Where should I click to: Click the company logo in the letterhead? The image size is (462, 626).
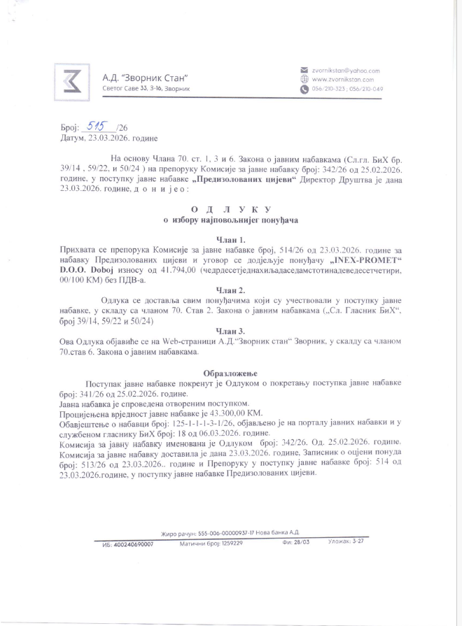71,81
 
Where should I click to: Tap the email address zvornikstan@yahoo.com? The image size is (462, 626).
345,71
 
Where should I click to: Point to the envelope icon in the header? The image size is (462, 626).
304,71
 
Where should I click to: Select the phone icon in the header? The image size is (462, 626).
304,90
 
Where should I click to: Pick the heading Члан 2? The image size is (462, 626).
230,289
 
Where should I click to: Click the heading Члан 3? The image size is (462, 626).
230,330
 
